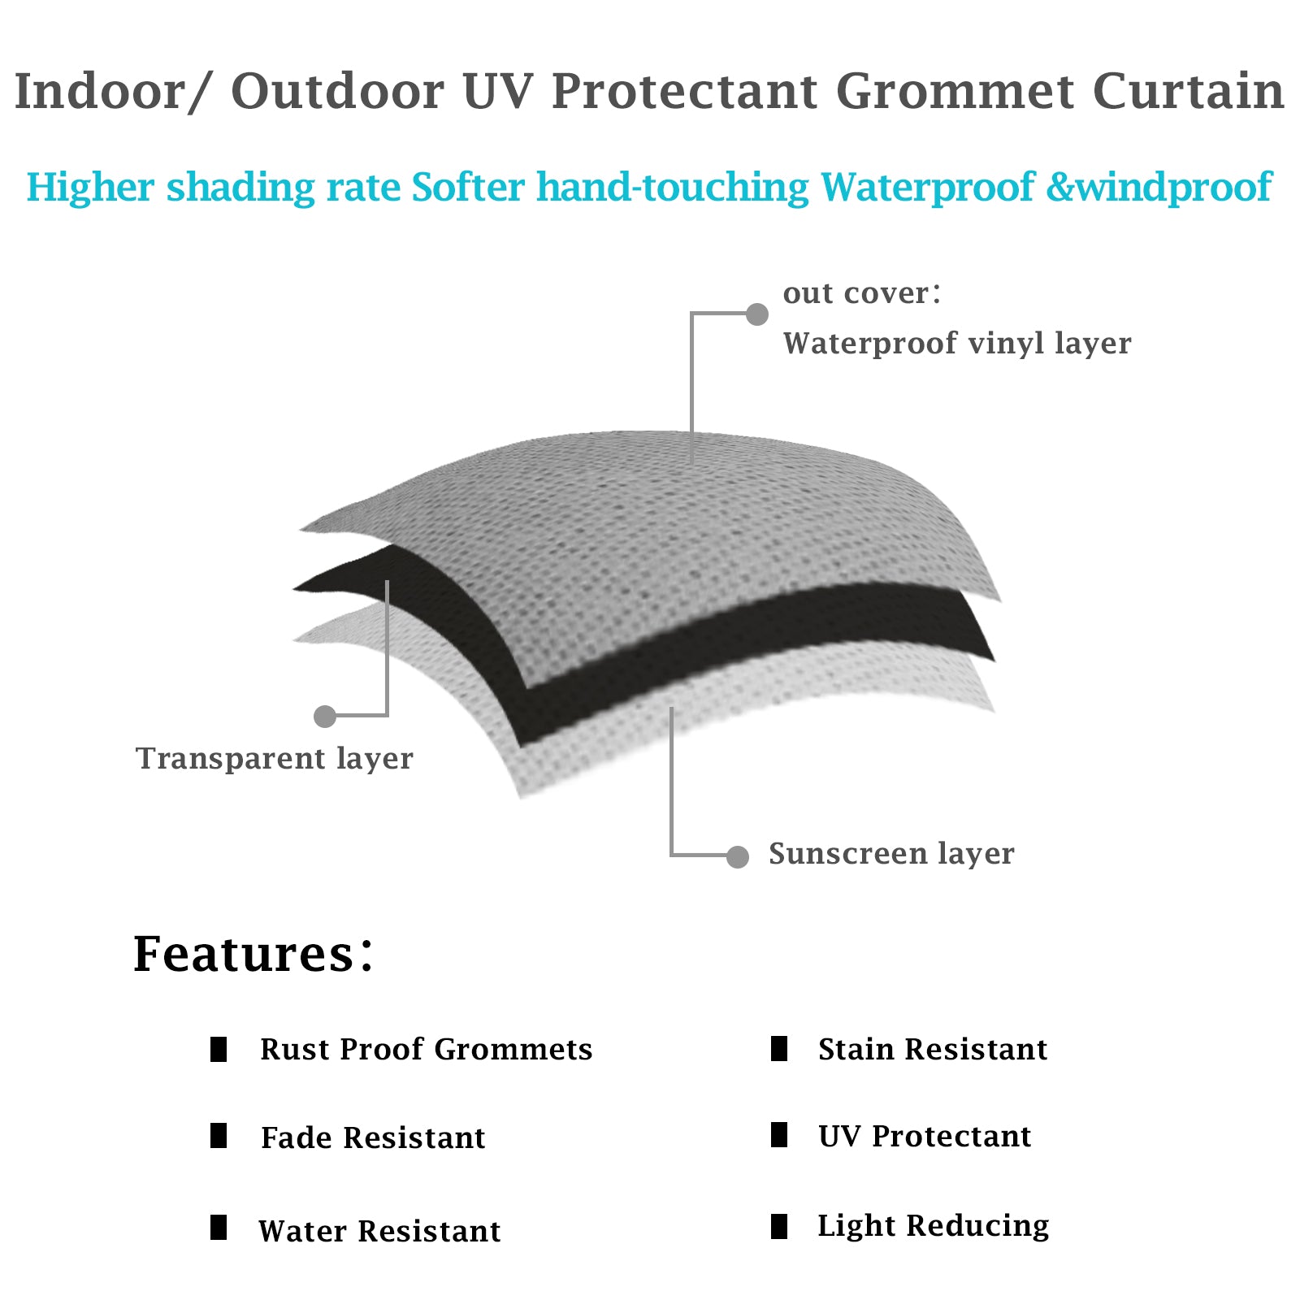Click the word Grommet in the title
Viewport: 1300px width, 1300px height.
955,91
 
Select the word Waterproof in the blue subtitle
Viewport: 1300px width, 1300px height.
927,188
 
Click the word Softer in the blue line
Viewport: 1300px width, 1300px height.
468,188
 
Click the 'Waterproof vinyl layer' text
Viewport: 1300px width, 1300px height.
956,344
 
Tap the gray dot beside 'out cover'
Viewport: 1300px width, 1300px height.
756,314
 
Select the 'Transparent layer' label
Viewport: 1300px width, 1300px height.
274,759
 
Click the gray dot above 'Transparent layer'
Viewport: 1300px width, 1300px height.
325,716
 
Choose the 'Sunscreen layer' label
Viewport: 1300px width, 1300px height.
891,854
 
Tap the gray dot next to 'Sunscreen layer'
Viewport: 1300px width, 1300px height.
737,856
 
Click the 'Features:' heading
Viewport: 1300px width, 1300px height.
253,954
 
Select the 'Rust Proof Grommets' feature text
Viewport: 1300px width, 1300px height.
426,1050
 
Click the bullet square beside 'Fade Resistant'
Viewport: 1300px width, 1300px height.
219,1135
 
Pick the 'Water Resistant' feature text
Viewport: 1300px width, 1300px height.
379,1232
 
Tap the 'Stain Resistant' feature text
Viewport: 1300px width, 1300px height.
932,1050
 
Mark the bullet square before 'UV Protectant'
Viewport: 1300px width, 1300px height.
779,1134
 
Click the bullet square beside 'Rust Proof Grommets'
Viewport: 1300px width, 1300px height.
219,1049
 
